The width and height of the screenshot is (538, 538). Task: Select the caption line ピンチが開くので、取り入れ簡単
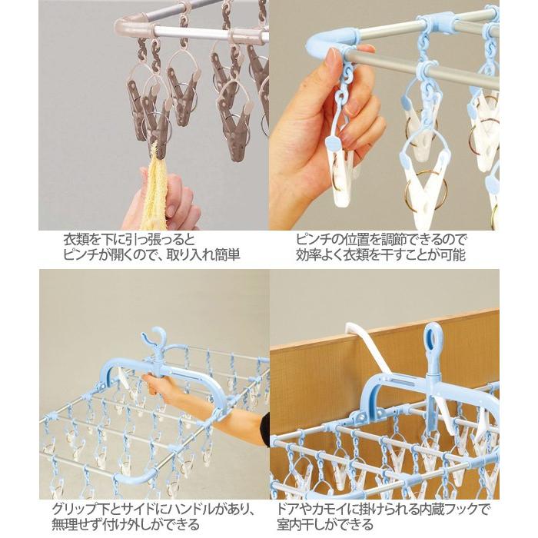coord(152,255)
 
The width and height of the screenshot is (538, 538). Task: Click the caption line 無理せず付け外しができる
coord(127,525)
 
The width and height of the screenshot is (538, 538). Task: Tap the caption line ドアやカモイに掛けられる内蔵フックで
coord(384,509)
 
